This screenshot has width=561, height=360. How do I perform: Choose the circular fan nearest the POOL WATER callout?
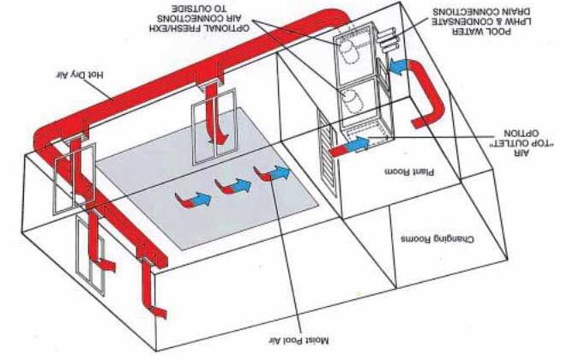[352, 51]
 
